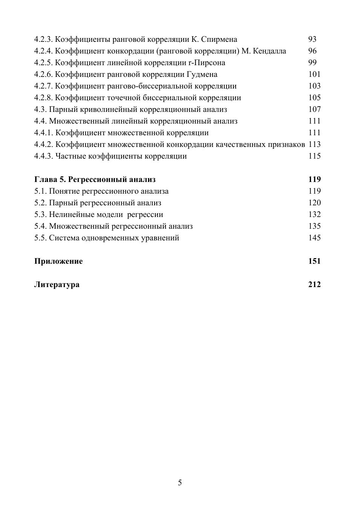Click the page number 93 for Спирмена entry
pos(312,39)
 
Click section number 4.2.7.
pos(43,86)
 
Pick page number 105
pos(314,98)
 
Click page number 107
pos(314,109)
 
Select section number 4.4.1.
pos(43,133)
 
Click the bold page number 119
pos(314,179)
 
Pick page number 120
pos(314,203)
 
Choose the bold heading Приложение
pos(58,261)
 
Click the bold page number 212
pos(314,284)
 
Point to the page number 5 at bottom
pos(180,483)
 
